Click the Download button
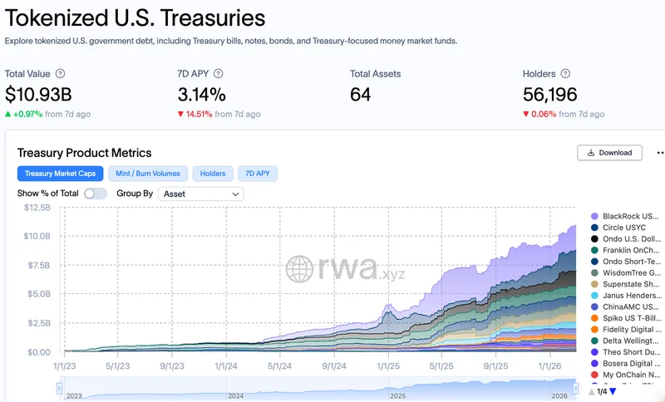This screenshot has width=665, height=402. click(x=610, y=153)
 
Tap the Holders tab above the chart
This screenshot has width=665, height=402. click(x=213, y=174)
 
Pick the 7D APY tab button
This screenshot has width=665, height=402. click(x=258, y=174)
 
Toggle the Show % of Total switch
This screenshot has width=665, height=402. click(x=96, y=194)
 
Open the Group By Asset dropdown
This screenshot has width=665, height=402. click(x=200, y=194)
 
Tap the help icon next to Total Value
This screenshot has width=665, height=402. click(x=60, y=74)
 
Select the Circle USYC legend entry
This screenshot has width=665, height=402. click(x=625, y=228)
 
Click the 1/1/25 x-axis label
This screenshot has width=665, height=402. click(x=387, y=365)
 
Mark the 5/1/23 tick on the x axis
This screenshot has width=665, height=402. click(x=117, y=365)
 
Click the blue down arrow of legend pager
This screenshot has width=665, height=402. click(x=613, y=392)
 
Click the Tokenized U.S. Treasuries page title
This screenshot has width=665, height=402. click(x=135, y=17)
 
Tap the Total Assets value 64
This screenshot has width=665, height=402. click(x=360, y=95)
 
